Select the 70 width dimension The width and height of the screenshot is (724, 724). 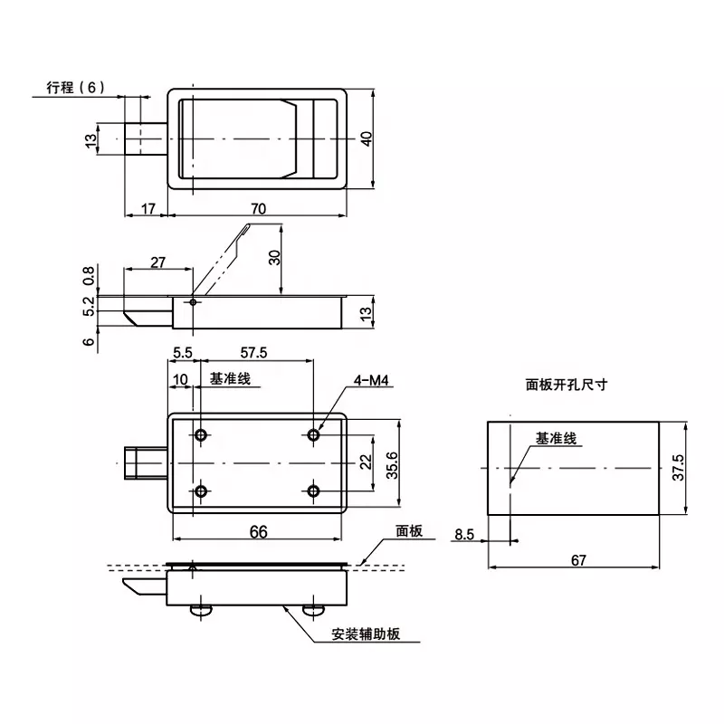(x=259, y=208)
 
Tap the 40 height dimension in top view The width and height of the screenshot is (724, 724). (x=367, y=138)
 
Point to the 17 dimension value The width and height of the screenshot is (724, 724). (x=148, y=208)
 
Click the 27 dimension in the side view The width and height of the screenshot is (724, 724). (x=157, y=262)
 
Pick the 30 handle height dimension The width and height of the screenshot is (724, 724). (x=275, y=257)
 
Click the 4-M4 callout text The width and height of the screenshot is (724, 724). (x=373, y=383)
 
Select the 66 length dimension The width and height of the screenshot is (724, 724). (x=259, y=532)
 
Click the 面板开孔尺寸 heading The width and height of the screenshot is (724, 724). (x=566, y=384)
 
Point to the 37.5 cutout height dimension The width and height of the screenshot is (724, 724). (x=679, y=469)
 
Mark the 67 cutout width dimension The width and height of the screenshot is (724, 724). (x=579, y=560)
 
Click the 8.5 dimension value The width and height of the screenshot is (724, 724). (x=464, y=535)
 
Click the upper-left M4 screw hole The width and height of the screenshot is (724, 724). (x=201, y=434)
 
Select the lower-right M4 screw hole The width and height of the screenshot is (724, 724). (x=313, y=491)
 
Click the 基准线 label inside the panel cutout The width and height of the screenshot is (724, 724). (x=556, y=438)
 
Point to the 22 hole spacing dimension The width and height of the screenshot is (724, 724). (x=365, y=462)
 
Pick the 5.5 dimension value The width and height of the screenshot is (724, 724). (x=183, y=352)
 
